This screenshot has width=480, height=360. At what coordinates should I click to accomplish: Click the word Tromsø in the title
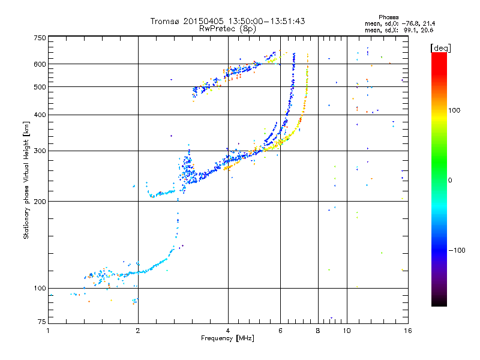pyautogui.click(x=166, y=21)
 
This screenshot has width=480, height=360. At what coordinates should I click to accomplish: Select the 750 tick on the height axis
pyautogui.click(x=40, y=38)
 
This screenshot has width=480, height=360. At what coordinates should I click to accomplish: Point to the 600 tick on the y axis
pyautogui.click(x=40, y=64)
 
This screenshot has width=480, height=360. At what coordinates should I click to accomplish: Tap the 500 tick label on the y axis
pyautogui.click(x=40, y=87)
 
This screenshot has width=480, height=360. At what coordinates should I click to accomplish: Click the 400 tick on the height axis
pyautogui.click(x=40, y=115)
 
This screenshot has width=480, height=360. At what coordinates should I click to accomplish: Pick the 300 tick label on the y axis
pyautogui.click(x=40, y=151)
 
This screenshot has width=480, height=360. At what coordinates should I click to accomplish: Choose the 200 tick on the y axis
pyautogui.click(x=40, y=202)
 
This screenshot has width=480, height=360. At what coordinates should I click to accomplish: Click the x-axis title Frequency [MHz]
pyautogui.click(x=227, y=338)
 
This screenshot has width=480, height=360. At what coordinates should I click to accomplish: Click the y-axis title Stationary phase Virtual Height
pyautogui.click(x=26, y=181)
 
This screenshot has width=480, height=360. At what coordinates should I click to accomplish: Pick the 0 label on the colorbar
pyautogui.click(x=451, y=180)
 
